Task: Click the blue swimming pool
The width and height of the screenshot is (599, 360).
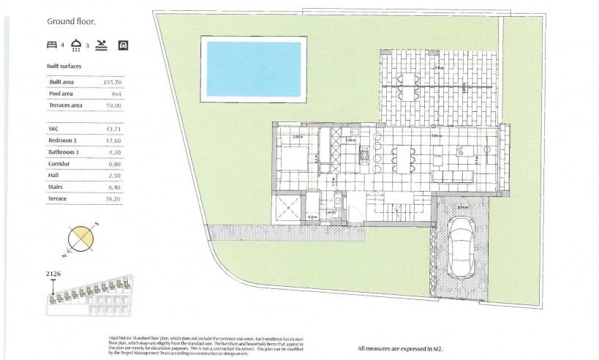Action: [x=253, y=69]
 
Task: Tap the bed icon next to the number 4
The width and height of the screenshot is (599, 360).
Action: [x=52, y=45]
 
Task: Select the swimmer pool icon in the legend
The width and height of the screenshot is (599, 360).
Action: [x=102, y=45]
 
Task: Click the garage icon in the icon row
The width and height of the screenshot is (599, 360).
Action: [x=124, y=45]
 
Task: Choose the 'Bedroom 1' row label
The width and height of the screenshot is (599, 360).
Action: [x=63, y=140]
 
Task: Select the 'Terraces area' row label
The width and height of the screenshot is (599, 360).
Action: [x=66, y=105]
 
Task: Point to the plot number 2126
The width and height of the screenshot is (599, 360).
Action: [x=53, y=273]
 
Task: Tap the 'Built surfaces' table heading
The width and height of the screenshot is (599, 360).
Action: [x=64, y=67]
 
